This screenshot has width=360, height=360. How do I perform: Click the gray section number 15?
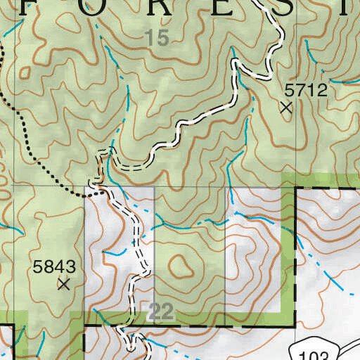point(159,39)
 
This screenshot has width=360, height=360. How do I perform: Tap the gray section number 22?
point(162,312)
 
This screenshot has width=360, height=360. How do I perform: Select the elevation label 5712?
point(306,90)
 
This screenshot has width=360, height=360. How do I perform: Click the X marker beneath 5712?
point(285,108)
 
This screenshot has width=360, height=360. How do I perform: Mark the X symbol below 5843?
point(64,284)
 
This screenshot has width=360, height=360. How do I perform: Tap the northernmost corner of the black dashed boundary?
point(295,188)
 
